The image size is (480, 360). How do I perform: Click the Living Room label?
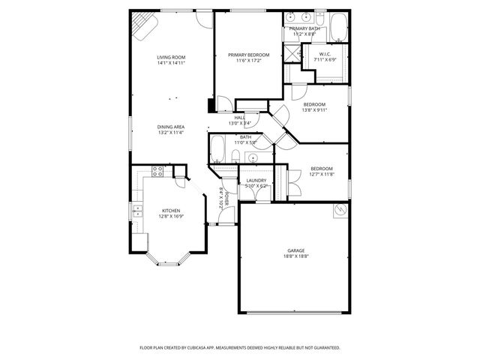pyautogui.click(x=171, y=57)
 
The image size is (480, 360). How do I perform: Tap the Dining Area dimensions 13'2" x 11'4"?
pyautogui.click(x=171, y=133)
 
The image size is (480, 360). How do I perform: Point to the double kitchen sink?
pyautogui.click(x=137, y=213)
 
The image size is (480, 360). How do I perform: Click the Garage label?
pyautogui.click(x=295, y=250)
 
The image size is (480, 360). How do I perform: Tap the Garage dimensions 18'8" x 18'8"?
pyautogui.click(x=295, y=256)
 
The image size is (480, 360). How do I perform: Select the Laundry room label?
pyautogui.click(x=256, y=180)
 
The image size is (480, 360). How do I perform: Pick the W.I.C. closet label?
pyautogui.click(x=325, y=53)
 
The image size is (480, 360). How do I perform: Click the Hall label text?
pyautogui.click(x=240, y=118)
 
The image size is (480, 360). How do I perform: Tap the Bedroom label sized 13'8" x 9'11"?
pyautogui.click(x=314, y=104)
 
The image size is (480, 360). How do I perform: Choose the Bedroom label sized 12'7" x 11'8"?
pyautogui.click(x=322, y=169)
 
